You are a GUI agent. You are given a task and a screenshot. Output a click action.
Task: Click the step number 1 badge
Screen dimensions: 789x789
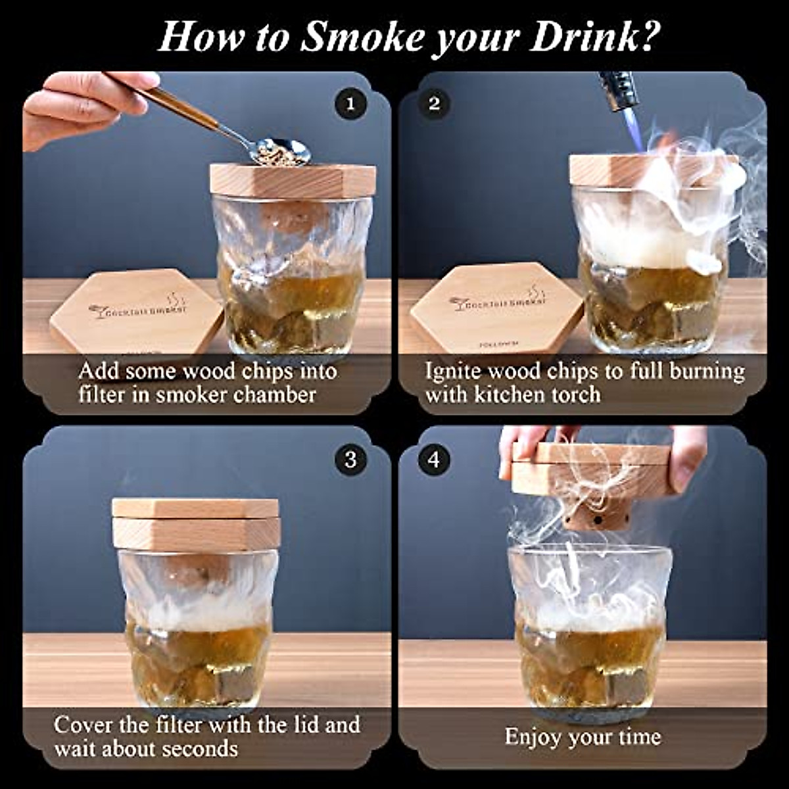coord(350,104)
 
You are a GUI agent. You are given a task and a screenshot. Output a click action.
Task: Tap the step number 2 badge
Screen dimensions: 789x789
coord(434,104)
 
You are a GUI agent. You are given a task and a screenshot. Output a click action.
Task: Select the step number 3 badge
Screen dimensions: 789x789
coord(350,459)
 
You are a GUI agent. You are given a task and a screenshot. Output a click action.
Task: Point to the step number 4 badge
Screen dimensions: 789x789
coord(434,459)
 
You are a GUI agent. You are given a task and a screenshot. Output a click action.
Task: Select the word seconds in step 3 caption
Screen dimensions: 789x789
coord(200,749)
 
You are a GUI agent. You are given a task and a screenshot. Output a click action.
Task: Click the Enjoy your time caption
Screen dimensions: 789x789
coord(583,736)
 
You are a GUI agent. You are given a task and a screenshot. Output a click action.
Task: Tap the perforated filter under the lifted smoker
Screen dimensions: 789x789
coord(594,519)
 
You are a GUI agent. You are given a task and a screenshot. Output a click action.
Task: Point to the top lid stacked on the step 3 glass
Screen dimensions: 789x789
coord(195,508)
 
